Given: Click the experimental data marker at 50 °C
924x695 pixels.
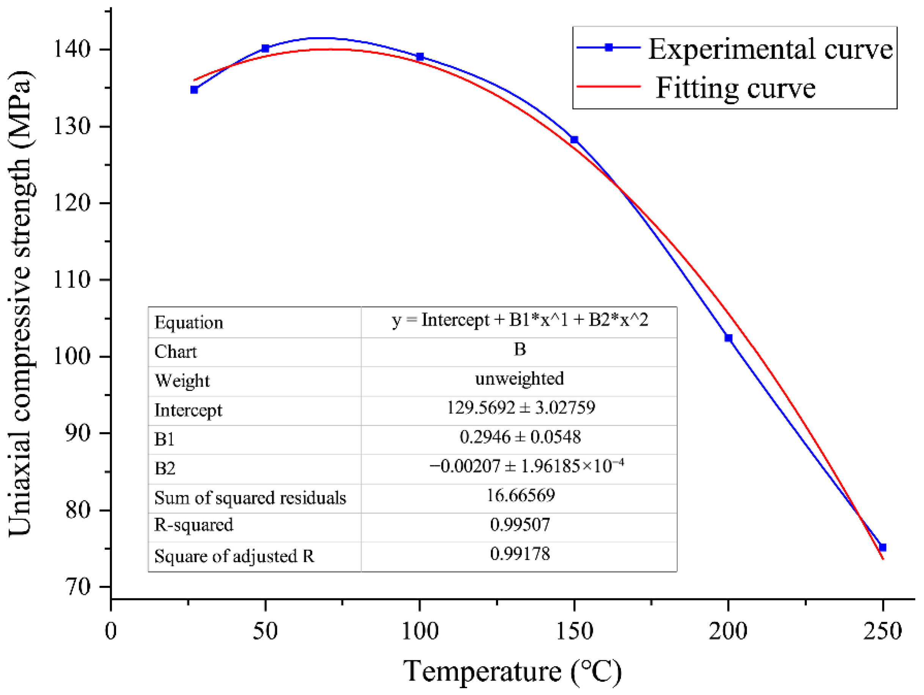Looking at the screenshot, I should [265, 49].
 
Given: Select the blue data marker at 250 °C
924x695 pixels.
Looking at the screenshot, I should [882, 547].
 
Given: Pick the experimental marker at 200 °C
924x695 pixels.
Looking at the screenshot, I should [728, 338].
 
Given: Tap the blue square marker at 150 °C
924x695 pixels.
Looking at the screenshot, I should [574, 140].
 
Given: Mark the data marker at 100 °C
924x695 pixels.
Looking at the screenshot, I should [420, 57].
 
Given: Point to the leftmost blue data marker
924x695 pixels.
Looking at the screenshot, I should [194, 90].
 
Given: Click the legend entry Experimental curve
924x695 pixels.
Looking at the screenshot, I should [770, 49].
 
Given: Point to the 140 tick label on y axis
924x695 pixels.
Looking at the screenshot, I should [72, 49].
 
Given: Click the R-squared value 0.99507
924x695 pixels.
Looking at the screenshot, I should [520, 525].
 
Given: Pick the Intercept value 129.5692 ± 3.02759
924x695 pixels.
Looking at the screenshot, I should [520, 408].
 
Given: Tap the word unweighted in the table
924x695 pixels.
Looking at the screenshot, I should [519, 378].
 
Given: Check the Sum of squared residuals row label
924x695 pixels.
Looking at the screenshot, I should [250, 498].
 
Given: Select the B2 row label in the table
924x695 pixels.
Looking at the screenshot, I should [165, 469].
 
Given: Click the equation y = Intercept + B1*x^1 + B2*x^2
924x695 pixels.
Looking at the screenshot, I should [520, 320].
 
